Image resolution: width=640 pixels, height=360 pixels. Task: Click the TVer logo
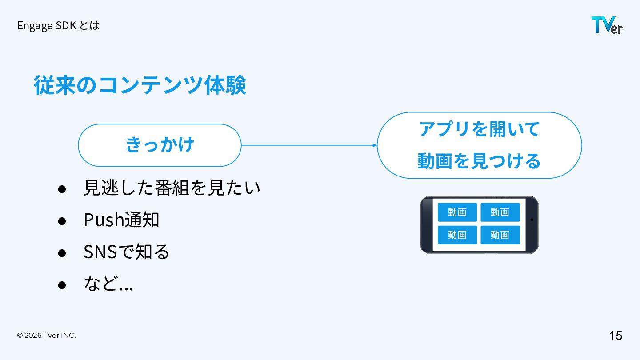pos(607,25)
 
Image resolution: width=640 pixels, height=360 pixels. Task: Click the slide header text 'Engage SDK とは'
pos(58,26)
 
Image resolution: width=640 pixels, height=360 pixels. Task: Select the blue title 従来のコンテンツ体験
pos(140,85)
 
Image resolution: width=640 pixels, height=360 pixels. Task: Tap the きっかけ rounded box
pos(160,145)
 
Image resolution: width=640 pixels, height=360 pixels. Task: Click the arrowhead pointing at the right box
pos(375,145)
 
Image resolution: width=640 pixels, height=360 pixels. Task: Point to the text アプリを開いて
pos(479,129)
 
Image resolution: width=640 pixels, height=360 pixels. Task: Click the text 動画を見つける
pos(479,161)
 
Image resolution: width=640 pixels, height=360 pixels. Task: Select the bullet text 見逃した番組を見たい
pos(172,188)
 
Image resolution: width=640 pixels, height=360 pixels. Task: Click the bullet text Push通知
pos(121,220)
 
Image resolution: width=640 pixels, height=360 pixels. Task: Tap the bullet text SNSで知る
pos(126,252)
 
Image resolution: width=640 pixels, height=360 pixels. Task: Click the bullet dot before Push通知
pos(62,221)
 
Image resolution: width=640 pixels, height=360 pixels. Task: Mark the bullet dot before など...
pos(62,285)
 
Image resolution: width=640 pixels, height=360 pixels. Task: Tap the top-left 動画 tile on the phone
pos(457,212)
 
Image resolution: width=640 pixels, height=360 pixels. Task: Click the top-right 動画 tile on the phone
pos(500,212)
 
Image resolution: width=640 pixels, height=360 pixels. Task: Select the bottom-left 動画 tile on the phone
pos(457,235)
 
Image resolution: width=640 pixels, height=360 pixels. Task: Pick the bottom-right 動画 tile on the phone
pos(500,235)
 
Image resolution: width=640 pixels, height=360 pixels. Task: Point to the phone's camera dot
pos(532,220)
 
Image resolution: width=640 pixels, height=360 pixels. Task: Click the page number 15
pos(616,336)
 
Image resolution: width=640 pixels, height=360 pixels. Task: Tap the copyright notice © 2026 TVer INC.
pos(46,336)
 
